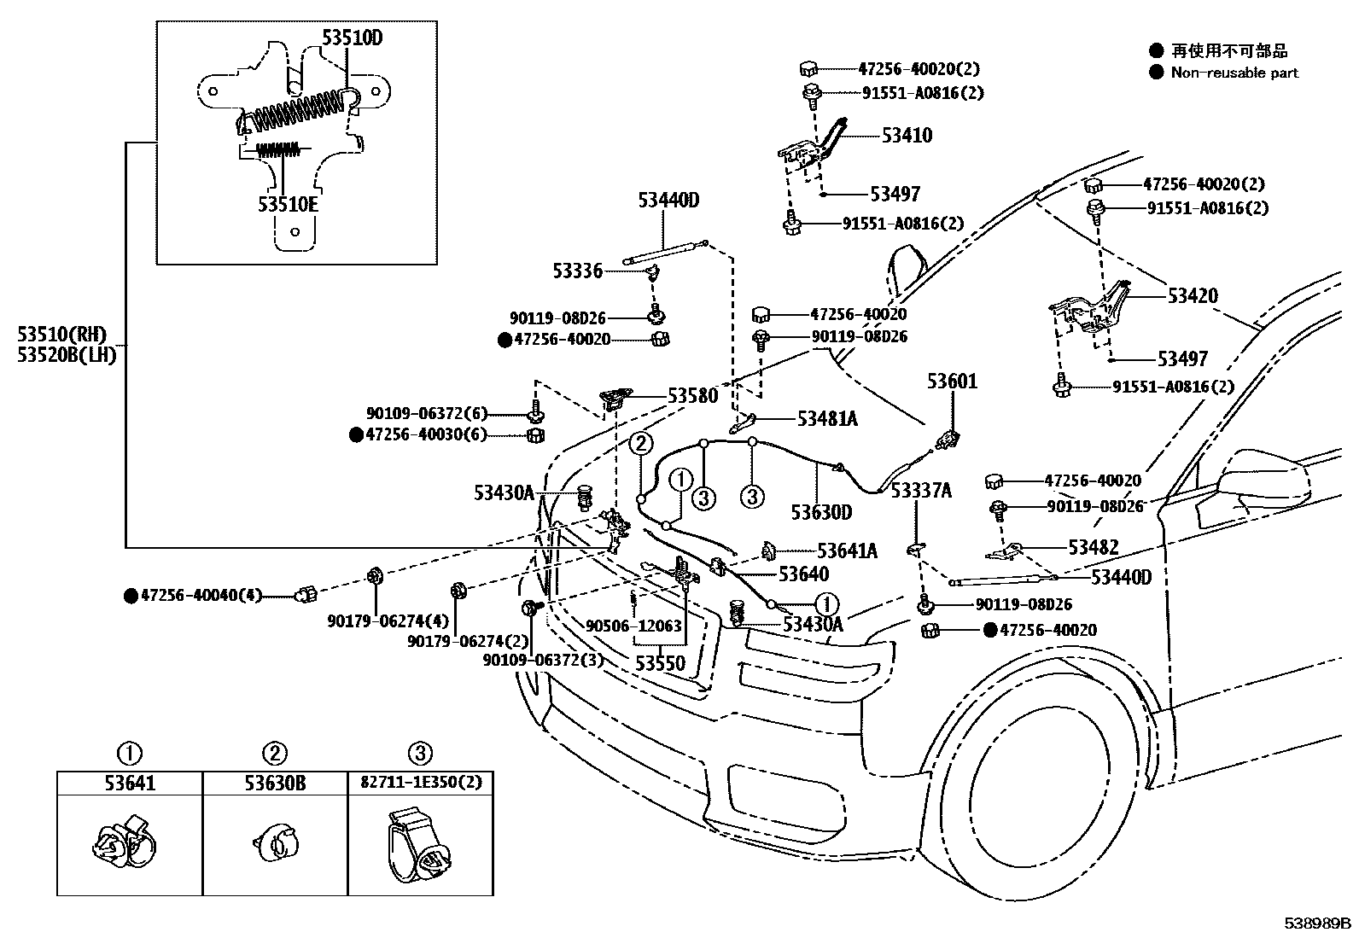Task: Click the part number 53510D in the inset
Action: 352,38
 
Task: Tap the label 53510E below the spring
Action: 288,204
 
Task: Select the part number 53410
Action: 907,136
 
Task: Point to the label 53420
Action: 1193,295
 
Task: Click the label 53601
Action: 952,381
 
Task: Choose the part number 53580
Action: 693,395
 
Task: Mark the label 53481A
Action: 827,418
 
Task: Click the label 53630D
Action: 821,513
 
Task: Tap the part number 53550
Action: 660,663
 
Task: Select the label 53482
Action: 1094,547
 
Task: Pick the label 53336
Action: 578,271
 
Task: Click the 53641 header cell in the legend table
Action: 130,784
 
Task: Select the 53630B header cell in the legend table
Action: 275,784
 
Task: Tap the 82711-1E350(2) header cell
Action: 421,784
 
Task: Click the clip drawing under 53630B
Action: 276,842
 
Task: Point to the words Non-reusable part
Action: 1234,73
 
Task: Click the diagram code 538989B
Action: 1317,923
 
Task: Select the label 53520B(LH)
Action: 67,354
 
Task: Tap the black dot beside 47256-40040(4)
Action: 131,596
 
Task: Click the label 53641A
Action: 847,551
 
